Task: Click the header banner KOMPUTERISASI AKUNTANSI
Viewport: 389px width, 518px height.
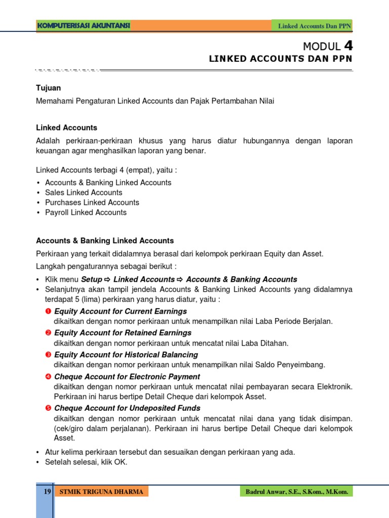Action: [84, 26]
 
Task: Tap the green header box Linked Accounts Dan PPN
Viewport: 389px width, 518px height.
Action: [314, 26]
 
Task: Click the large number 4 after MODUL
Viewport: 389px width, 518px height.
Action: [348, 46]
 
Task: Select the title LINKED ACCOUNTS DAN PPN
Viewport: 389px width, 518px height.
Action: [280, 59]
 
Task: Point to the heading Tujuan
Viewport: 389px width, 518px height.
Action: [48, 88]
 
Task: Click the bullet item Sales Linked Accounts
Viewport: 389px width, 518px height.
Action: [84, 193]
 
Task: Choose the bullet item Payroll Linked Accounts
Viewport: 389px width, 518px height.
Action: [86, 212]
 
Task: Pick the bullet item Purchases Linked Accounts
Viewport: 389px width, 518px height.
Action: [92, 202]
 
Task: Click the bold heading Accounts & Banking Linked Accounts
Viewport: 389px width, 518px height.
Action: [105, 241]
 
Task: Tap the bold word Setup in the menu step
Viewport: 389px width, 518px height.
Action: [92, 279]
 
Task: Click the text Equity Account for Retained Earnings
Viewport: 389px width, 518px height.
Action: [123, 333]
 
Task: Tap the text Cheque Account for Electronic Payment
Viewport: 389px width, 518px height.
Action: [127, 377]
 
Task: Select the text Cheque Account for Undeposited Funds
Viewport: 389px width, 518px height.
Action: [127, 408]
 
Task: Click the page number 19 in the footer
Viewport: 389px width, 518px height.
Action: [47, 491]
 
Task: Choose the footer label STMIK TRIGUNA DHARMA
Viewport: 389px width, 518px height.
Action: [101, 492]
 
